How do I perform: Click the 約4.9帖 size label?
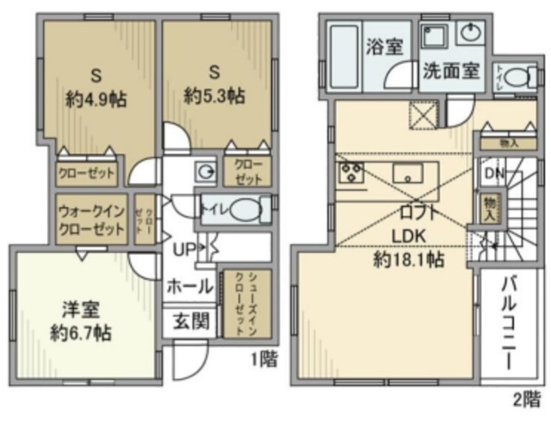point(96,99)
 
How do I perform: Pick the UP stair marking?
point(183,250)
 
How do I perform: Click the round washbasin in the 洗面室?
point(470,34)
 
